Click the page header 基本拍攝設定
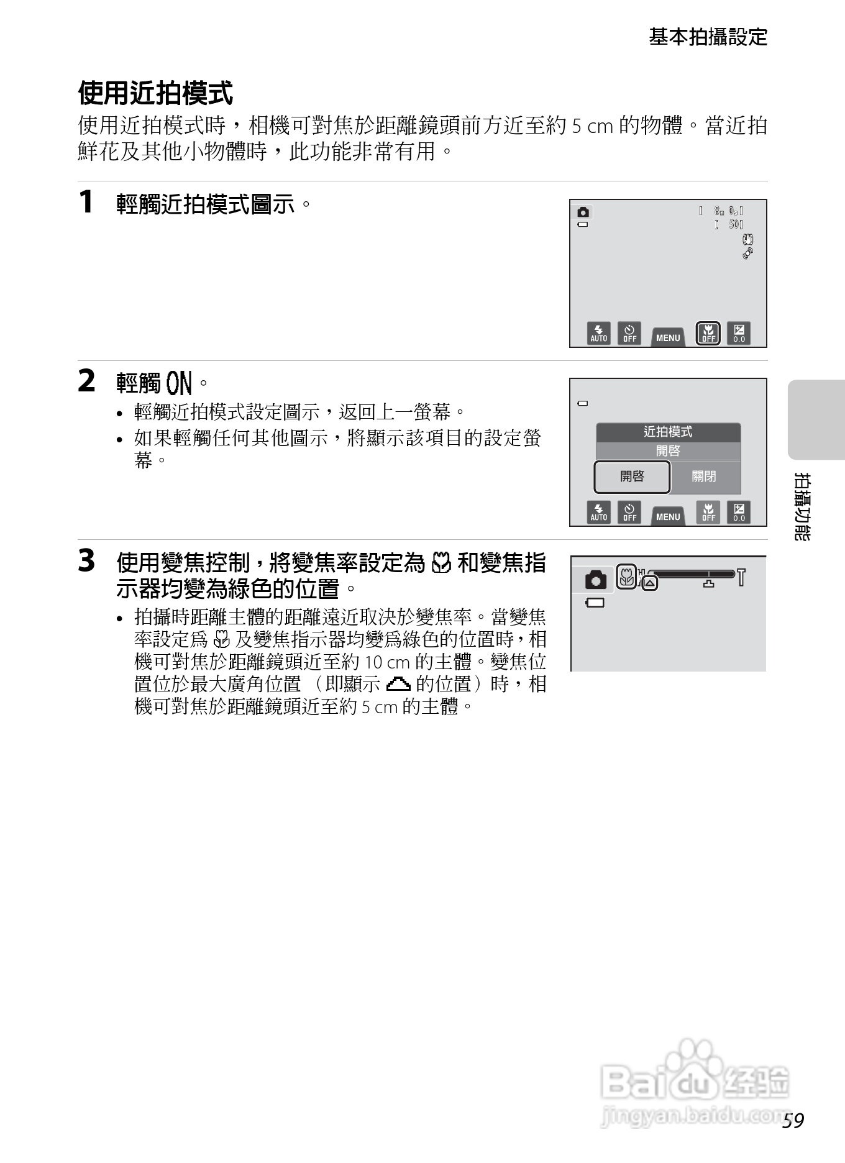point(708,37)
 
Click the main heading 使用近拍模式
point(155,93)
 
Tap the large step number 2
point(86,381)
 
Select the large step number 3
point(86,560)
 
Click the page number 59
point(793,1120)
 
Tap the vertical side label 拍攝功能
point(802,506)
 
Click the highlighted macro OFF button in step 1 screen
point(708,334)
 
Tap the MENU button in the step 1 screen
point(668,337)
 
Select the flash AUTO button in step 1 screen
point(599,334)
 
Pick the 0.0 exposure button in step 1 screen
point(739,334)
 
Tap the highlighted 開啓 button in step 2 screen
point(632,477)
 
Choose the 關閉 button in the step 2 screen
point(704,477)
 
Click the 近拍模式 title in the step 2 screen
point(668,432)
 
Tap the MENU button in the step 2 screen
point(668,516)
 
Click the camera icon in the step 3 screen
point(595,580)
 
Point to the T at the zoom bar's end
point(741,578)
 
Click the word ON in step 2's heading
point(180,383)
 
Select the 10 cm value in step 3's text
point(386,662)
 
